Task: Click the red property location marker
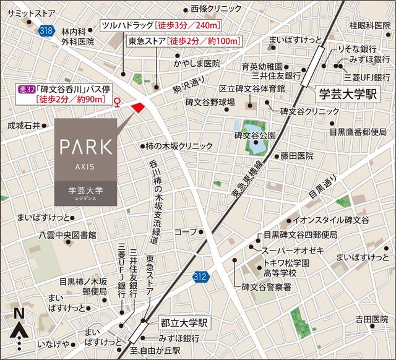click(138, 108)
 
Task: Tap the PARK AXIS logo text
click(85, 148)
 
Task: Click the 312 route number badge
click(200, 276)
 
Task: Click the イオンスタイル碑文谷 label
click(331, 220)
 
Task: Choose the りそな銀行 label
click(358, 48)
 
